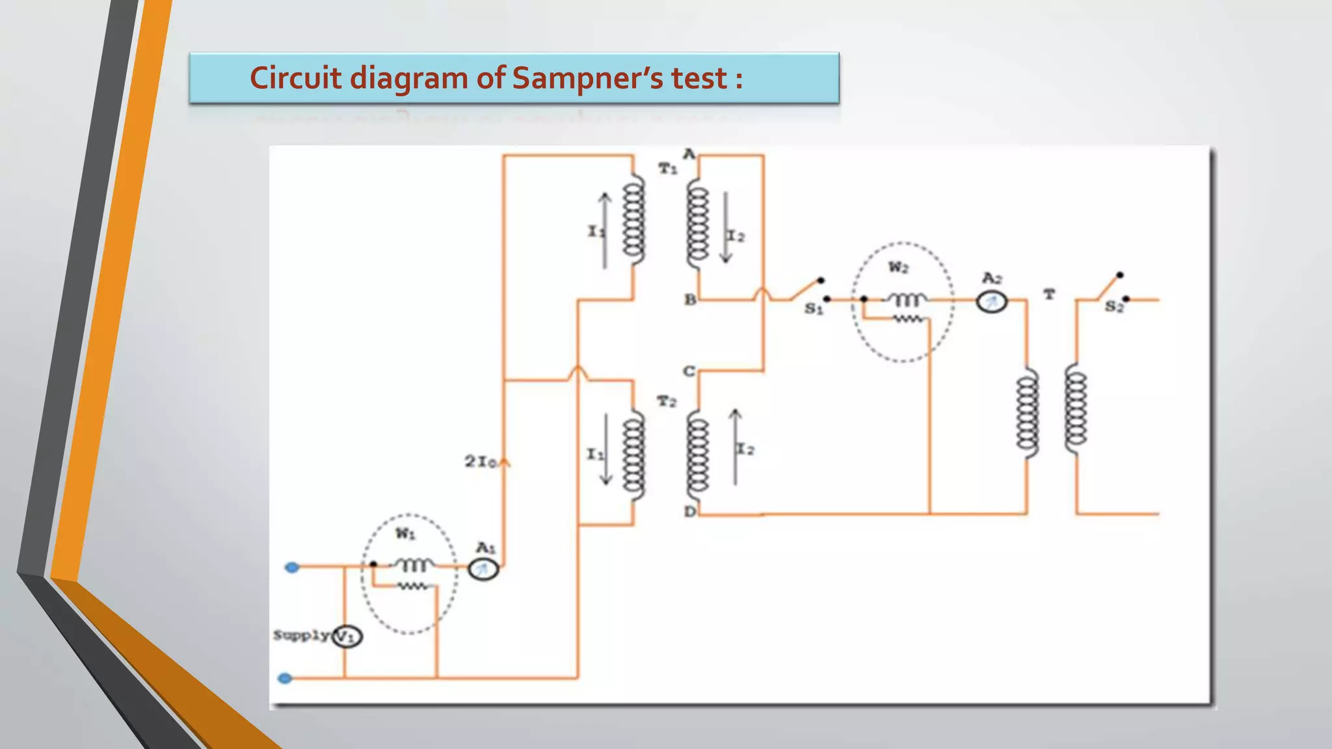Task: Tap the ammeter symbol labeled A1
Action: coord(483,570)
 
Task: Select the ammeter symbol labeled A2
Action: coord(991,302)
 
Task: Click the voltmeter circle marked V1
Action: coord(347,636)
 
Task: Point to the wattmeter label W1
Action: coord(405,534)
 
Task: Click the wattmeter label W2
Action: coord(898,267)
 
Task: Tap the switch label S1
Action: coord(814,309)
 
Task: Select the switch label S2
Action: coord(1114,308)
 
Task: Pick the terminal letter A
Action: coord(689,154)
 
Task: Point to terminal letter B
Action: coord(690,300)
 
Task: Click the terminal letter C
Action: coord(689,371)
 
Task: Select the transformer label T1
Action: coord(668,169)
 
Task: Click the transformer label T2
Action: coord(667,402)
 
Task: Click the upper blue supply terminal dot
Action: coord(292,568)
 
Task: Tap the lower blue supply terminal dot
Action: coord(285,678)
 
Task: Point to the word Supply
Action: coord(301,635)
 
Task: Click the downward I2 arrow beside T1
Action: coord(726,228)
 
